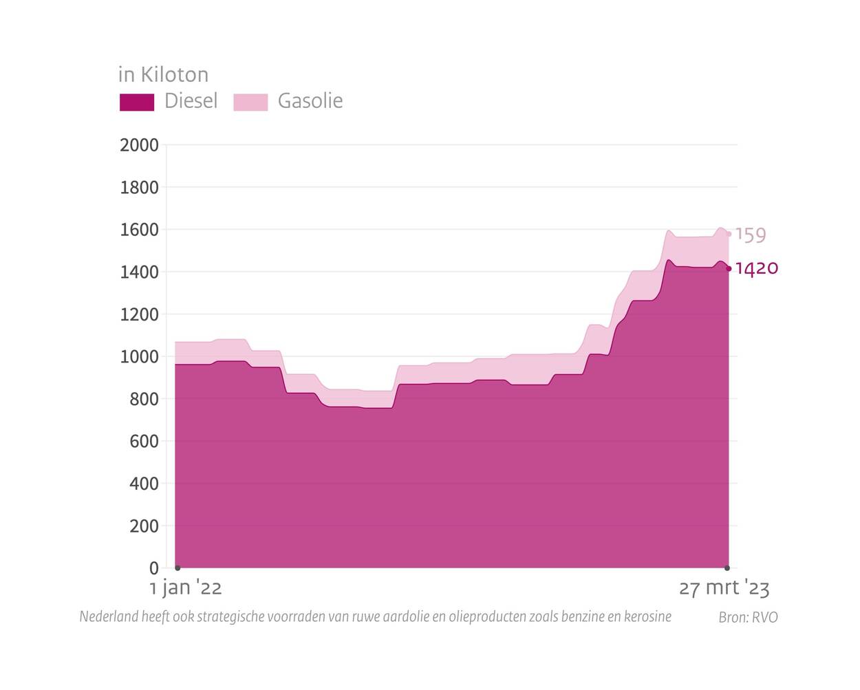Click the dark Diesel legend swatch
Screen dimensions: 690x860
[x=137, y=102]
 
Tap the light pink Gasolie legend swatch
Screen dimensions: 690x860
[x=250, y=102]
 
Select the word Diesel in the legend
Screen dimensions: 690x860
[x=191, y=101]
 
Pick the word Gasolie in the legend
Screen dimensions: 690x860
[x=310, y=101]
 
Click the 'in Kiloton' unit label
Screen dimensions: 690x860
[x=163, y=74]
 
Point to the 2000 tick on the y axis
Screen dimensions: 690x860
[x=139, y=145]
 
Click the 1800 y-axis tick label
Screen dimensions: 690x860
[x=139, y=188]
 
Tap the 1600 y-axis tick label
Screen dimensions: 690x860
[x=139, y=230]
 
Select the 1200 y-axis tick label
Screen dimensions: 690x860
[x=139, y=314]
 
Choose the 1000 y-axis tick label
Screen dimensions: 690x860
[x=139, y=357]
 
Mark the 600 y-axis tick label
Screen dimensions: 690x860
[x=144, y=442]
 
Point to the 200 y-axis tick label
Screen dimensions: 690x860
[x=144, y=526]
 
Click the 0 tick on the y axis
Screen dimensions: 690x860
[x=153, y=568]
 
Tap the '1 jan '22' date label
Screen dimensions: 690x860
[x=186, y=588]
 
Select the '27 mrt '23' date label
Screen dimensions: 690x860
[x=724, y=588]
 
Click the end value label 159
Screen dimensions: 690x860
[x=751, y=235]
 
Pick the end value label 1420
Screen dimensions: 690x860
[x=757, y=268]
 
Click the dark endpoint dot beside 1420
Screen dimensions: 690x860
[x=729, y=269]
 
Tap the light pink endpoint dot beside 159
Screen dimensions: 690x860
[x=729, y=234]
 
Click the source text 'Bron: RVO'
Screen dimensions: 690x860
[x=748, y=617]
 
